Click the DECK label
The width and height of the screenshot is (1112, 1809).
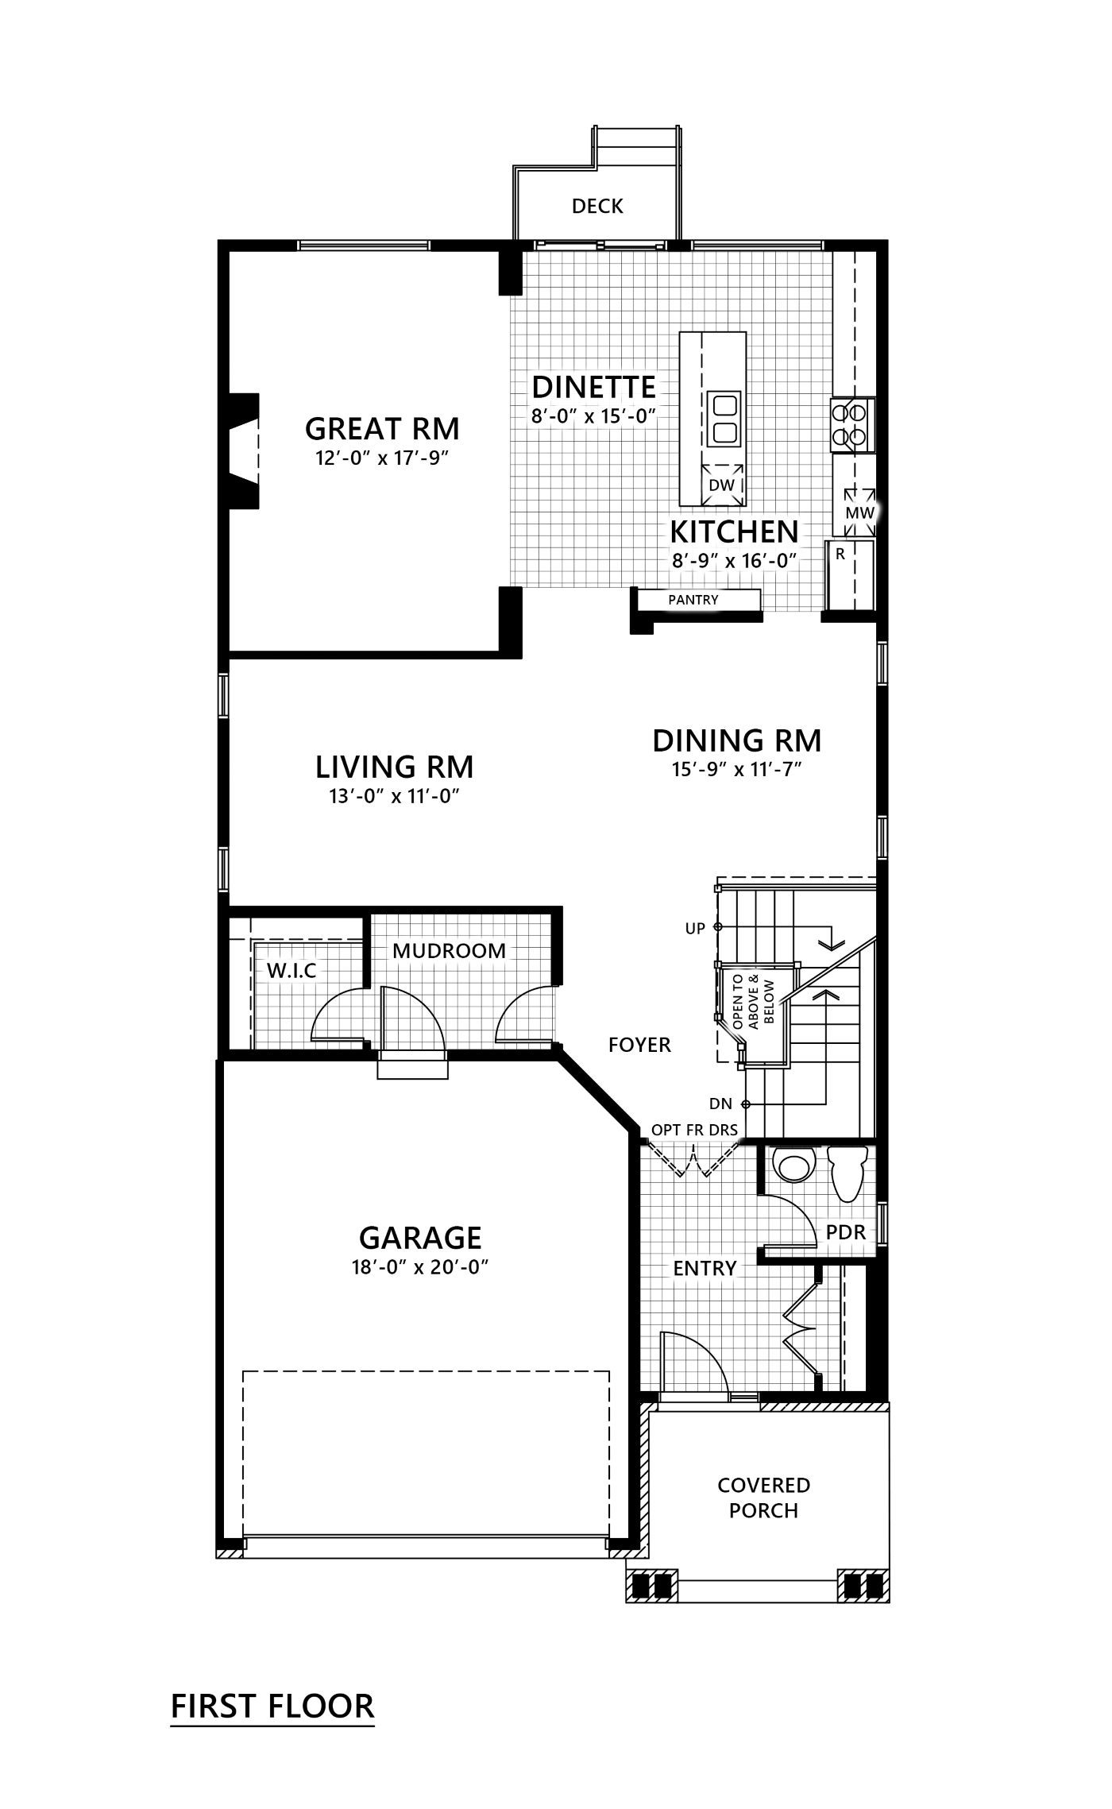(x=597, y=207)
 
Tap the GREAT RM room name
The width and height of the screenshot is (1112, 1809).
(x=382, y=428)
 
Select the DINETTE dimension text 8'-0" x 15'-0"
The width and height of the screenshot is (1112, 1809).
(x=592, y=415)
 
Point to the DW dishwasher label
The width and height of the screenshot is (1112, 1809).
(x=721, y=485)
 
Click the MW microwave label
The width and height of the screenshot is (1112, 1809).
(x=859, y=512)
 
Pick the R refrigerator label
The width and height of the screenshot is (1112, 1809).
(x=840, y=555)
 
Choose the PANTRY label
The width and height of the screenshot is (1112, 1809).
(x=693, y=600)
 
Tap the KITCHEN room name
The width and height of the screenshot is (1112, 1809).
(x=734, y=531)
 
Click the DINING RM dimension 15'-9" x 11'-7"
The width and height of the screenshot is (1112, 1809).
(x=736, y=769)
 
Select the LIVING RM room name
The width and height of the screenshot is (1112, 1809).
(x=394, y=767)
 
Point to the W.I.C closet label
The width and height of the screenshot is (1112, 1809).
(x=292, y=970)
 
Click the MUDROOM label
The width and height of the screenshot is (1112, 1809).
(x=449, y=950)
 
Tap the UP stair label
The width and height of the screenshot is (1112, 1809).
(x=695, y=927)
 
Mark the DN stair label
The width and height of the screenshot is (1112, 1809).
(x=720, y=1104)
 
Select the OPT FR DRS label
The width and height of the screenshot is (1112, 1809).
(x=694, y=1130)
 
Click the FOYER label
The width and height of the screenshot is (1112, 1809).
(x=639, y=1044)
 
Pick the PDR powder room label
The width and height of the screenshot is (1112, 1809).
(x=845, y=1233)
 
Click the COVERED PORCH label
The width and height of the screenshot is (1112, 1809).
(x=763, y=1498)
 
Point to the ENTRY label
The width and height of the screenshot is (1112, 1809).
(x=705, y=1268)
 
